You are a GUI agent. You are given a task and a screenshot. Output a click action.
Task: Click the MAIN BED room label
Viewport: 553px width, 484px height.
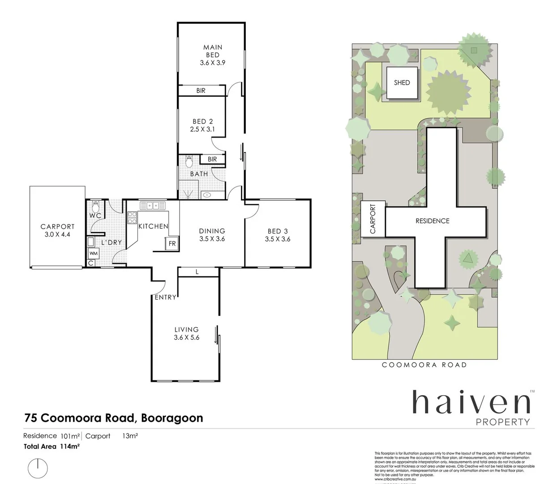tap(213, 51)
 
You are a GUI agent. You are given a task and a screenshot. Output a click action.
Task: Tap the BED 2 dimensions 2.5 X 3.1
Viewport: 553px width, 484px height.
tap(202, 130)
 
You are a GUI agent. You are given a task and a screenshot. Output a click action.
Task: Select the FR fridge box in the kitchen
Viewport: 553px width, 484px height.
tap(172, 244)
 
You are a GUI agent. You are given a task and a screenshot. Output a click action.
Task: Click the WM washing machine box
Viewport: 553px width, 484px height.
tap(93, 254)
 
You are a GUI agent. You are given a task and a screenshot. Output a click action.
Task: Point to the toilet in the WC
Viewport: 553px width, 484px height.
tap(95, 207)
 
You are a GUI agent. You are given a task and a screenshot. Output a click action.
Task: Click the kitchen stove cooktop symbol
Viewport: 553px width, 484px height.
tap(133, 218)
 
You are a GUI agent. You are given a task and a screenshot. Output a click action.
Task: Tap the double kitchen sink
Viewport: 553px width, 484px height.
tap(153, 206)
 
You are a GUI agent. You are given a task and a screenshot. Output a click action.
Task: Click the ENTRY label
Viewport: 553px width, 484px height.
tap(165, 297)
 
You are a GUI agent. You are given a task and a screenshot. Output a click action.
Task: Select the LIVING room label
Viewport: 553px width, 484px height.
tap(186, 329)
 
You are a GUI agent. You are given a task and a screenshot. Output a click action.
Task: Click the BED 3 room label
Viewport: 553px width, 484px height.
tap(277, 231)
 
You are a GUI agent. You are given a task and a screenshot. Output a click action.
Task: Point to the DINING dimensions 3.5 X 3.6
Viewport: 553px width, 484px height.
tap(212, 239)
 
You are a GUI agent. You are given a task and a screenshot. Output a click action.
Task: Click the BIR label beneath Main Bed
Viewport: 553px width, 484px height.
tap(201, 91)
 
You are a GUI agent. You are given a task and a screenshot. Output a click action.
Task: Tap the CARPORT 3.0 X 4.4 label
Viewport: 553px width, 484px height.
tap(57, 230)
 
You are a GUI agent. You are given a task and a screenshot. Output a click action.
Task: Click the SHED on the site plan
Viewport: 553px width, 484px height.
tap(402, 83)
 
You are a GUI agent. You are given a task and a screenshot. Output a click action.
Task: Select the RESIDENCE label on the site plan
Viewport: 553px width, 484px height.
tap(432, 221)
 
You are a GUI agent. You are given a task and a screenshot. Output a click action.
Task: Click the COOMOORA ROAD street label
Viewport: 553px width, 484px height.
tap(424, 365)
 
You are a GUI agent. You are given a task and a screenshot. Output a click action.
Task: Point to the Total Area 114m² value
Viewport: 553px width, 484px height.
tap(69, 446)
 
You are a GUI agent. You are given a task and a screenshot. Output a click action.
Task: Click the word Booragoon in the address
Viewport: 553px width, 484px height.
tap(172, 418)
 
